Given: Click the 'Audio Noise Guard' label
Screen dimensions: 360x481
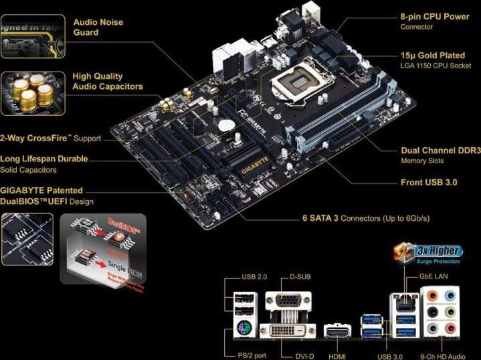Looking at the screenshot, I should [98, 27].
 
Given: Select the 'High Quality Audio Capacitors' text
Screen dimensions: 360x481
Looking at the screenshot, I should [107, 82].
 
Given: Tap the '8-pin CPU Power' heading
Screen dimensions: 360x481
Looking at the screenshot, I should [434, 16].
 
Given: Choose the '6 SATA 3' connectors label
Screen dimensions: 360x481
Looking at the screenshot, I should [365, 218].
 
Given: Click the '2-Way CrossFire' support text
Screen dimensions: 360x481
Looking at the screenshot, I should [51, 139].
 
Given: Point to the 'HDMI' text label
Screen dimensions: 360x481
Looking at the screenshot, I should [336, 356].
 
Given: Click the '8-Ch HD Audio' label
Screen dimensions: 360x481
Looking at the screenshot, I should [442, 356].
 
